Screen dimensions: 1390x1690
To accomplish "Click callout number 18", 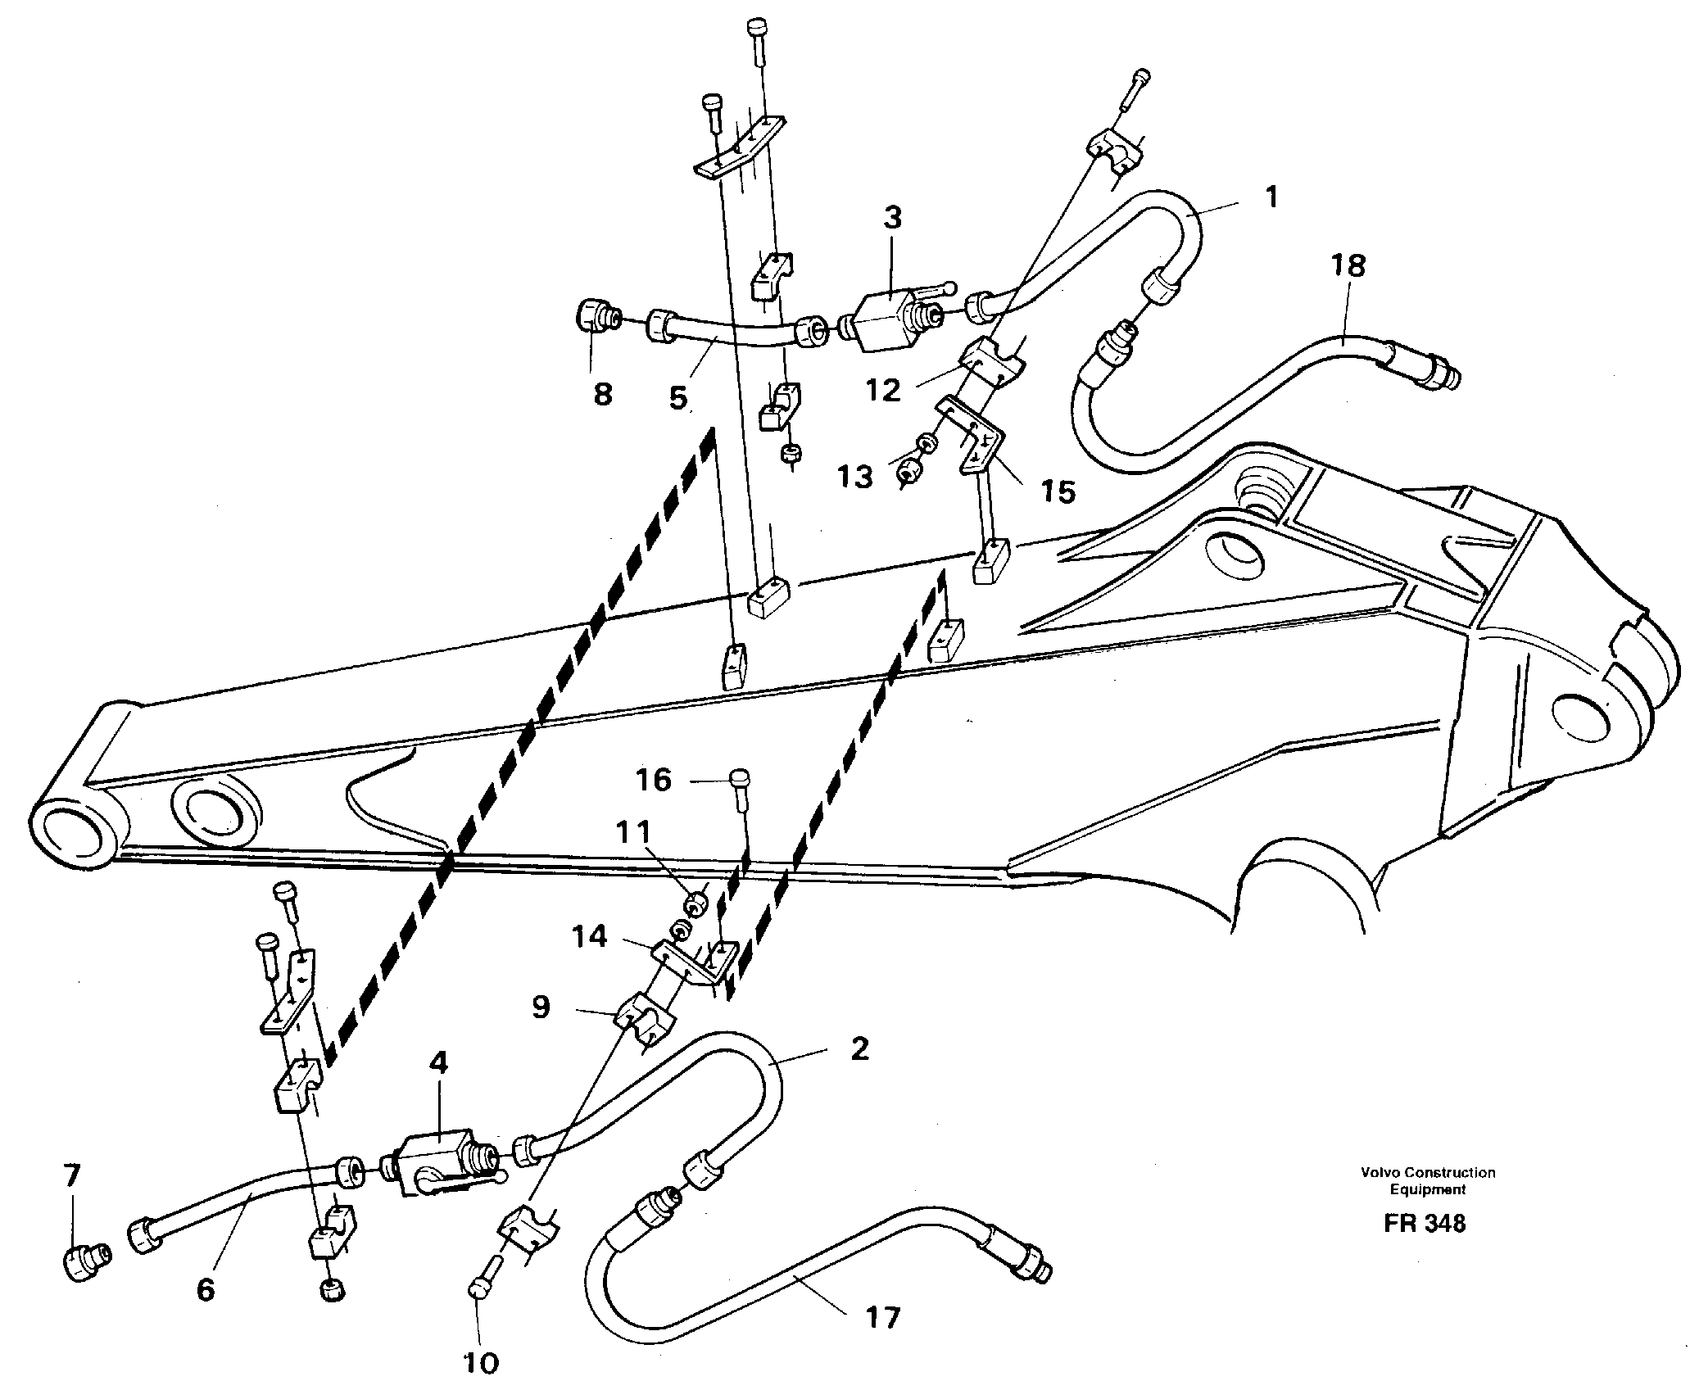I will tap(1348, 265).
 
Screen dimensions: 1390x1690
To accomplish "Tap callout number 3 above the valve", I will tap(892, 218).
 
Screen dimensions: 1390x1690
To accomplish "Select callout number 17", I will tap(881, 1318).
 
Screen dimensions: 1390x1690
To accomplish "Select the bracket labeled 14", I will tap(688, 965).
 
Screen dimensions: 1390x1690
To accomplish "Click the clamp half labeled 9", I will tap(647, 1020).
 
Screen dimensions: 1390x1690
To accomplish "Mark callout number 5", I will tap(678, 398).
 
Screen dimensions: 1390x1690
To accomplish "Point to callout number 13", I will tap(856, 475).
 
